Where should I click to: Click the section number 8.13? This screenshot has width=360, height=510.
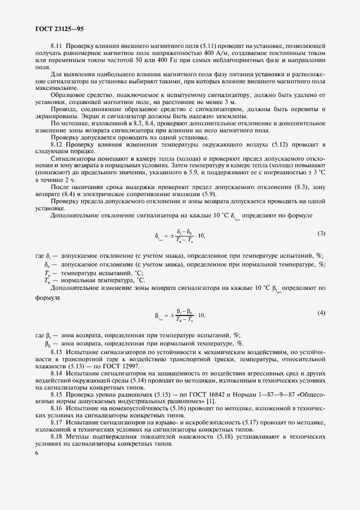point(56,353)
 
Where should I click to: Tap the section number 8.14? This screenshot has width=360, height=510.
point(56,374)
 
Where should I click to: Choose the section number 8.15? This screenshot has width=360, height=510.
point(56,396)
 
